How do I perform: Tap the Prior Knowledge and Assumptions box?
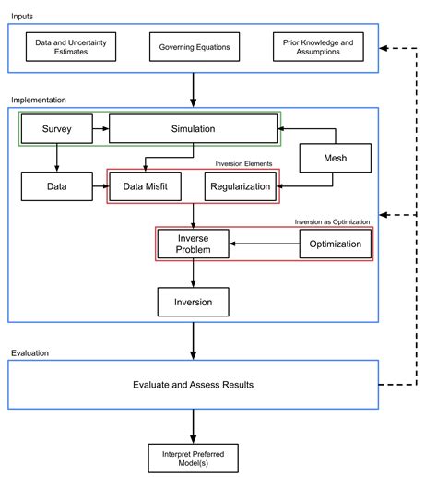pos(318,46)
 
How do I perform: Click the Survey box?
pos(56,130)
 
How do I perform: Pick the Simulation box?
pos(193,130)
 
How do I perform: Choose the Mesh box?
pos(334,159)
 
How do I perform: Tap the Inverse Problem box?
pos(192,244)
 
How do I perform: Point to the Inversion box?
pos(192,301)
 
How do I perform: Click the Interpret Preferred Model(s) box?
pos(192,455)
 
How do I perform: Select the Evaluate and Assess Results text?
pos(192,383)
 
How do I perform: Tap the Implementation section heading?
pos(39,99)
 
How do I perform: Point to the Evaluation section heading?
pos(30,352)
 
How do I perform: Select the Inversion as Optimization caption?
pos(332,221)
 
